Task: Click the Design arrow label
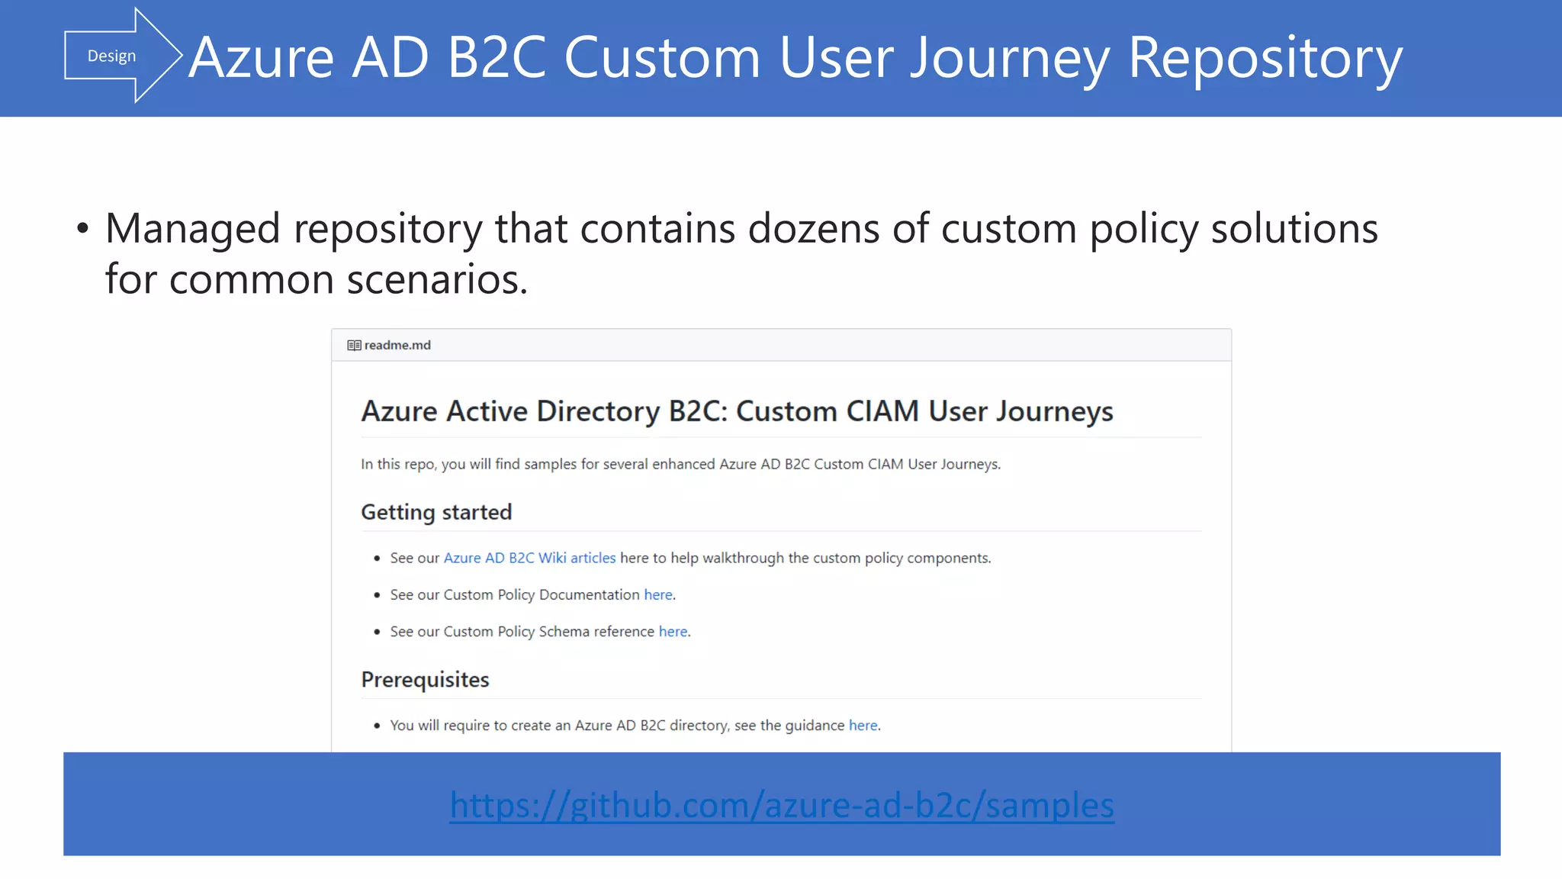111,56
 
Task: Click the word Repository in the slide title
1265,58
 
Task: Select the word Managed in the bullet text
193,228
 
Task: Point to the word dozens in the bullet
813,228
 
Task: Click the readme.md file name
397,345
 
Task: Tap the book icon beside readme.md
354,345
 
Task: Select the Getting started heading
436,512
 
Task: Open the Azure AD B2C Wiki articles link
529,558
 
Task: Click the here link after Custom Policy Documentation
658,594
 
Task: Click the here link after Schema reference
673,632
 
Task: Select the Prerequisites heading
425,679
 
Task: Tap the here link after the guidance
863,726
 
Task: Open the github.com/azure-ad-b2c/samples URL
782,805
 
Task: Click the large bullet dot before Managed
82,229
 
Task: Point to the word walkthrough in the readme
743,558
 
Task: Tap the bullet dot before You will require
377,726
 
